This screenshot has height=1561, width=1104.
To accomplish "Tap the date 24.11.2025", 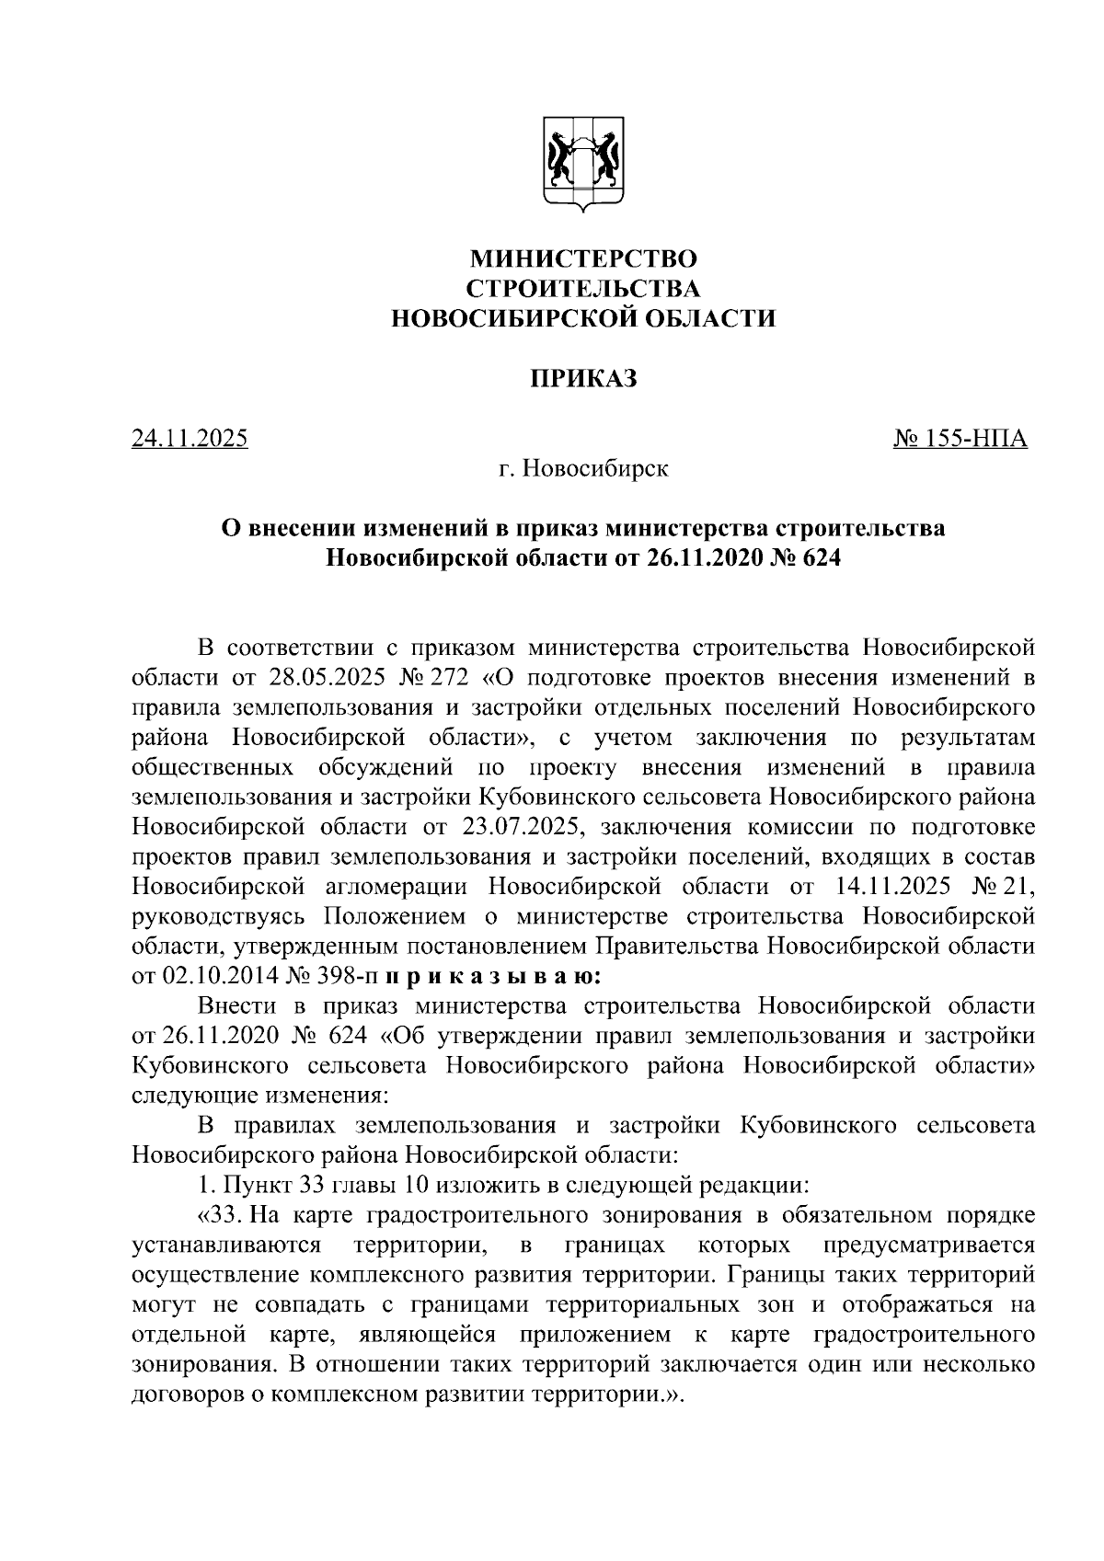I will [190, 439].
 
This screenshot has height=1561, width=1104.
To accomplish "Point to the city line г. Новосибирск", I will [583, 469].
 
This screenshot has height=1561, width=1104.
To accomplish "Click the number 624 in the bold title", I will [820, 559].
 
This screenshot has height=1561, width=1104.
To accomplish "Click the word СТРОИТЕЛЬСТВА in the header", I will [583, 288].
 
